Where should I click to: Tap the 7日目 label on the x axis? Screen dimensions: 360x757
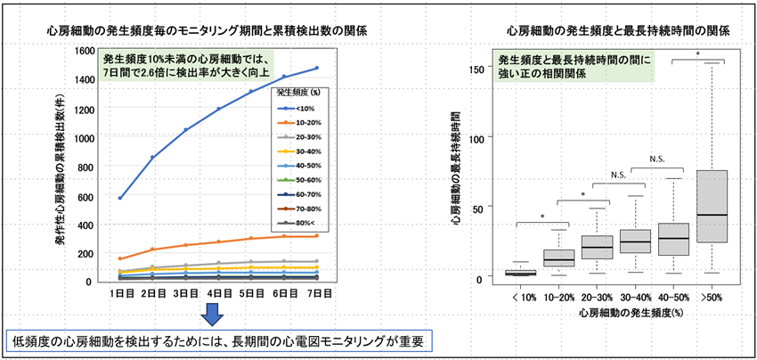317,292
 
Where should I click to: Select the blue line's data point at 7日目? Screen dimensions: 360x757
317,68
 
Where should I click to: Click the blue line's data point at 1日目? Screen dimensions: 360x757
120,198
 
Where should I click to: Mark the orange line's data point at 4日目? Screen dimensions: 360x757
218,241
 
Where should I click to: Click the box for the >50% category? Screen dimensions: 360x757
712,206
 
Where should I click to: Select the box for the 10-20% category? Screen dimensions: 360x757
558,257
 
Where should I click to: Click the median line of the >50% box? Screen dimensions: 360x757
712,215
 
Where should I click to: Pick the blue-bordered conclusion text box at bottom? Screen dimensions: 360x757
218,340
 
